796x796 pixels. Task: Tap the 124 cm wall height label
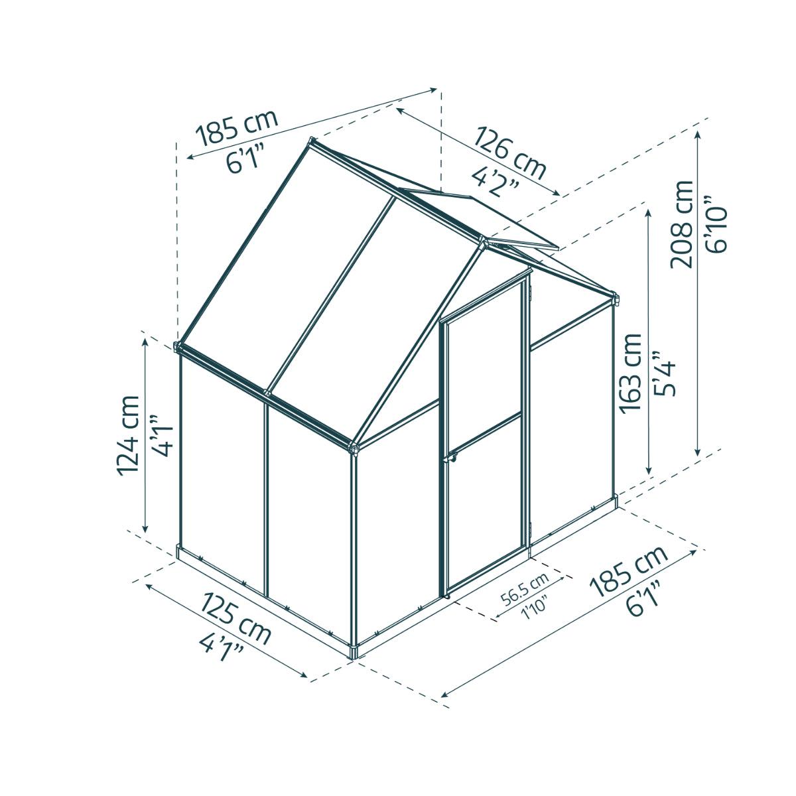coord(128,434)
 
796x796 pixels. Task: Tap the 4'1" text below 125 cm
coord(222,646)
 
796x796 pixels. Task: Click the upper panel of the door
coord(483,365)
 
